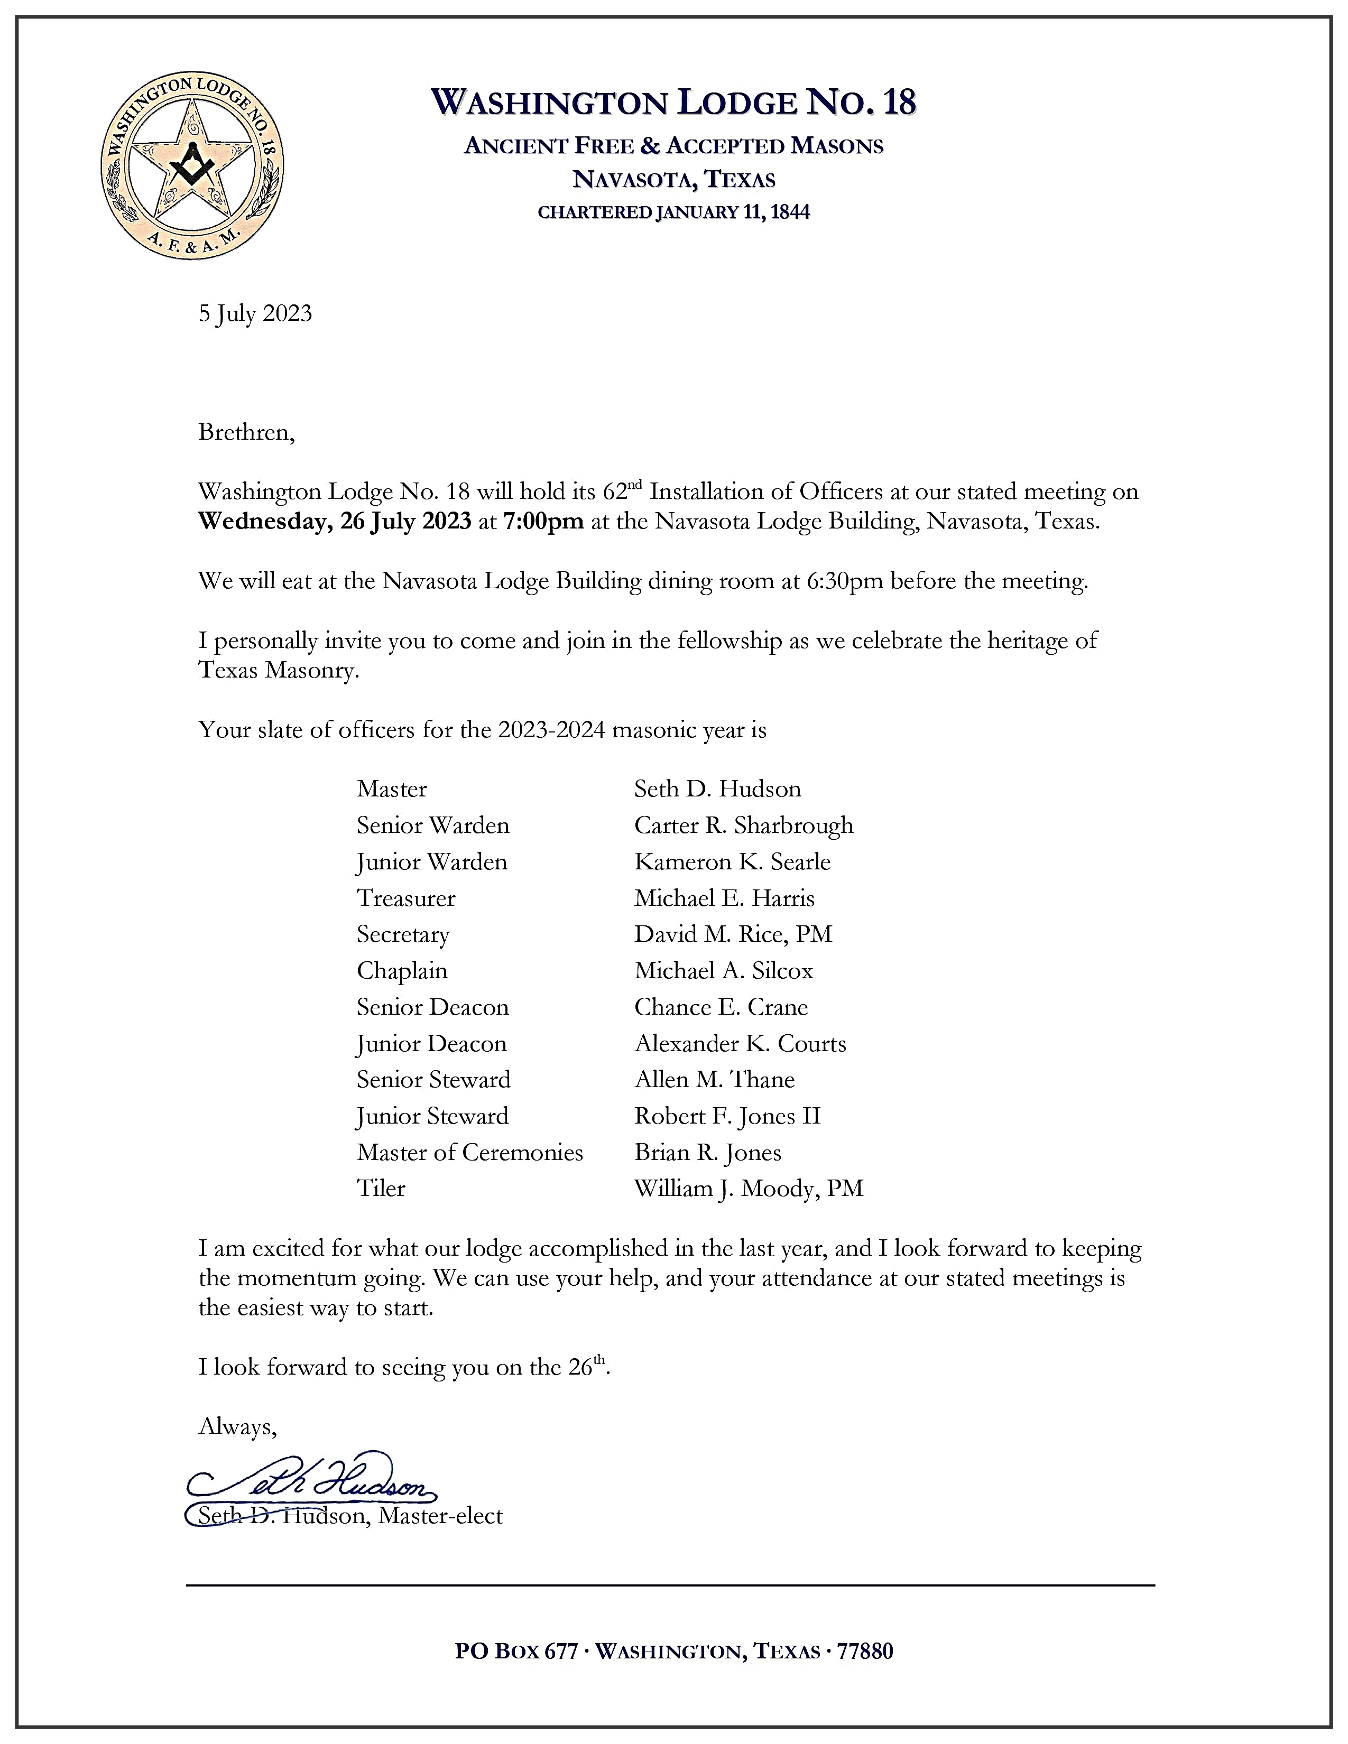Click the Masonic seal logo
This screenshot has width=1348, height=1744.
[192, 167]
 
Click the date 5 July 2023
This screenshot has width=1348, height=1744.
[255, 314]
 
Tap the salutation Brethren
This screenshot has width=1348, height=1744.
[246, 433]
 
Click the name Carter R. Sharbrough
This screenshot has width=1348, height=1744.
[743, 825]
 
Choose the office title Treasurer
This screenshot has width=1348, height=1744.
[405, 898]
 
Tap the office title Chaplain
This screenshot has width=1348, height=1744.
[402, 971]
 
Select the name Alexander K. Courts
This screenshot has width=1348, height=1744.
[740, 1044]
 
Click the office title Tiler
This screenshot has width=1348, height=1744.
[381, 1189]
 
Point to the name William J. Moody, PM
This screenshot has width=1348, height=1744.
[748, 1189]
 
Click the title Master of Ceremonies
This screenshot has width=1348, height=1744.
[469, 1152]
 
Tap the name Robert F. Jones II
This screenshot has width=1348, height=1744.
[727, 1116]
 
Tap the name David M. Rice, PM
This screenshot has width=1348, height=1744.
[733, 934]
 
